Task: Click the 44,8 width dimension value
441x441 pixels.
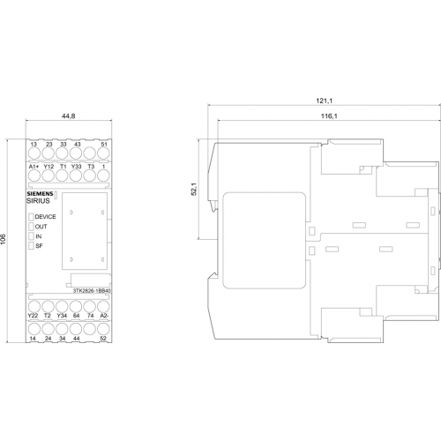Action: [x=68, y=116]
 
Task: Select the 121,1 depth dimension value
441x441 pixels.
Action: [x=324, y=101]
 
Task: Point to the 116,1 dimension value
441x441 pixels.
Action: [x=329, y=116]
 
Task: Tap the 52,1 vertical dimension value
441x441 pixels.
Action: [x=194, y=190]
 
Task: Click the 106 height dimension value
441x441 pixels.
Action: [x=3, y=240]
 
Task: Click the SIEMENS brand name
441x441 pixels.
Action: [x=40, y=194]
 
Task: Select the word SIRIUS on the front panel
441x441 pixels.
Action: [x=38, y=201]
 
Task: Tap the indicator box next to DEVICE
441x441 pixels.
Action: [x=31, y=217]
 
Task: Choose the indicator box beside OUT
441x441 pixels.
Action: [x=31, y=227]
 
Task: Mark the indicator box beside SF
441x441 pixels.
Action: [x=31, y=246]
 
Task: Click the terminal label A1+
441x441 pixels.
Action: [x=34, y=167]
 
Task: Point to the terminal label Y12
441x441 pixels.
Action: [x=49, y=167]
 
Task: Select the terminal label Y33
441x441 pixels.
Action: [x=76, y=167]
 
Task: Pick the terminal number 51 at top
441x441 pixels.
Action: [x=104, y=145]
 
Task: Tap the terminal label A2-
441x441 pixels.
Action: [x=104, y=316]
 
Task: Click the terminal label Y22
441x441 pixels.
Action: [x=33, y=316]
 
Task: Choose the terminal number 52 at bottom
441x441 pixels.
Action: [x=103, y=339]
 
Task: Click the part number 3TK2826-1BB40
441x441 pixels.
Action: [x=92, y=291]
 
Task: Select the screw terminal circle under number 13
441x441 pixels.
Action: [x=34, y=153]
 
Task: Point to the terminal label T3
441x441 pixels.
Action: [x=91, y=167]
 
